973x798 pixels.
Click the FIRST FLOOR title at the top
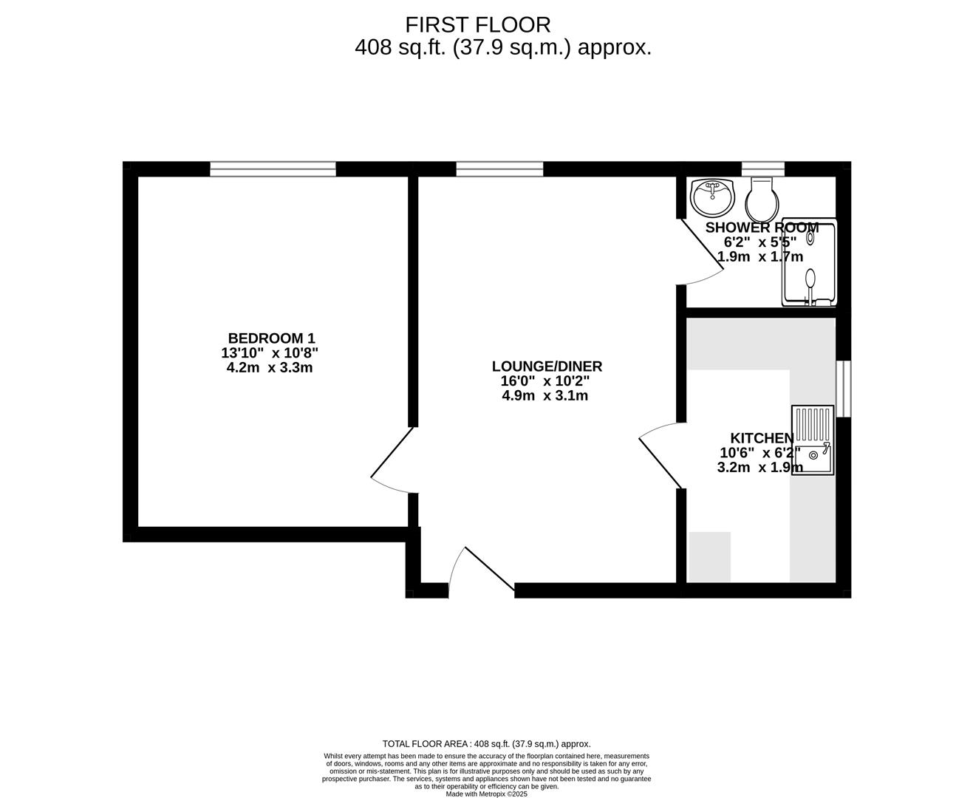point(477,24)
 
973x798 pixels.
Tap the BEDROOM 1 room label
point(271,338)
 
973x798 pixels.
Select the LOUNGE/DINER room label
point(547,366)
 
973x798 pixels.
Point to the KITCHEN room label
point(762,438)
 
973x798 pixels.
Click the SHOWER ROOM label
point(762,228)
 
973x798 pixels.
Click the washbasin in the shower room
point(712,195)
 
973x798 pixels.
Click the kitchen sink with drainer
point(813,440)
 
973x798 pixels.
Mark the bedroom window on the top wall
point(273,169)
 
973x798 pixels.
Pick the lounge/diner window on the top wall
point(499,169)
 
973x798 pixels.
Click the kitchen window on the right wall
point(843,389)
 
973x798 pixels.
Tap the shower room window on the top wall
point(762,168)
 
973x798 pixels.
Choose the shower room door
point(700,251)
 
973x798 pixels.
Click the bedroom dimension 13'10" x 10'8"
point(270,353)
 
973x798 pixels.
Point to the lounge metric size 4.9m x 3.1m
point(545,395)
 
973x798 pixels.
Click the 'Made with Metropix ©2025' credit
point(487,794)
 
